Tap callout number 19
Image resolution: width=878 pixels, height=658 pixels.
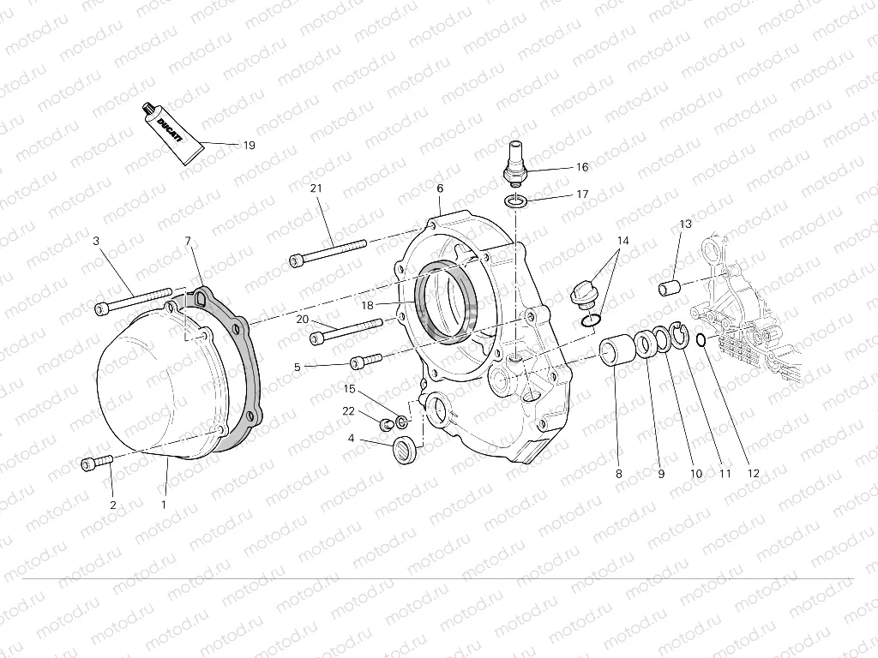click(x=249, y=146)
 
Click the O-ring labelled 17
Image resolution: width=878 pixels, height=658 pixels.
click(x=515, y=201)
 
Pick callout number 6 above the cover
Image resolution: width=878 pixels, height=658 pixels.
click(x=440, y=188)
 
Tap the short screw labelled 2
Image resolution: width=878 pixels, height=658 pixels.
click(x=97, y=464)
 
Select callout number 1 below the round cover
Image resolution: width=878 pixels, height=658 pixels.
click(x=163, y=505)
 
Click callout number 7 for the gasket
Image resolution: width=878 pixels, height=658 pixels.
click(x=189, y=242)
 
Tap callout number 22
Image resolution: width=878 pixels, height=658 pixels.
click(x=348, y=412)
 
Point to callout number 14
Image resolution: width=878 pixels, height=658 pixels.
click(x=622, y=241)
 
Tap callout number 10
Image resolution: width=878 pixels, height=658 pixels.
click(x=696, y=474)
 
